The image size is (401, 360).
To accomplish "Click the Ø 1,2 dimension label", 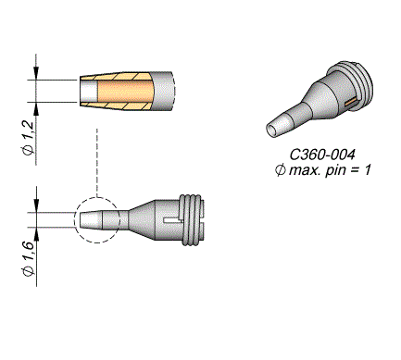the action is pos(29,137).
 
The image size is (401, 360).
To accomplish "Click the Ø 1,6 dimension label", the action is pos(29,259).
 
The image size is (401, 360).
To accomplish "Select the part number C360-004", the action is pos(322,155).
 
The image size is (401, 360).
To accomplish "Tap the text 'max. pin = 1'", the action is pos(330,170).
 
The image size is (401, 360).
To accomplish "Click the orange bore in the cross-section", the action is pos(125,91).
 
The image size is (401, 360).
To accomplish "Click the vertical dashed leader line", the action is pos(97,163).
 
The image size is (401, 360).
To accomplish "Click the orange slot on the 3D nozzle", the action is pos(350,103).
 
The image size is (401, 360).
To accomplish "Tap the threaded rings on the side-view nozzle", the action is pos(192,220).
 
